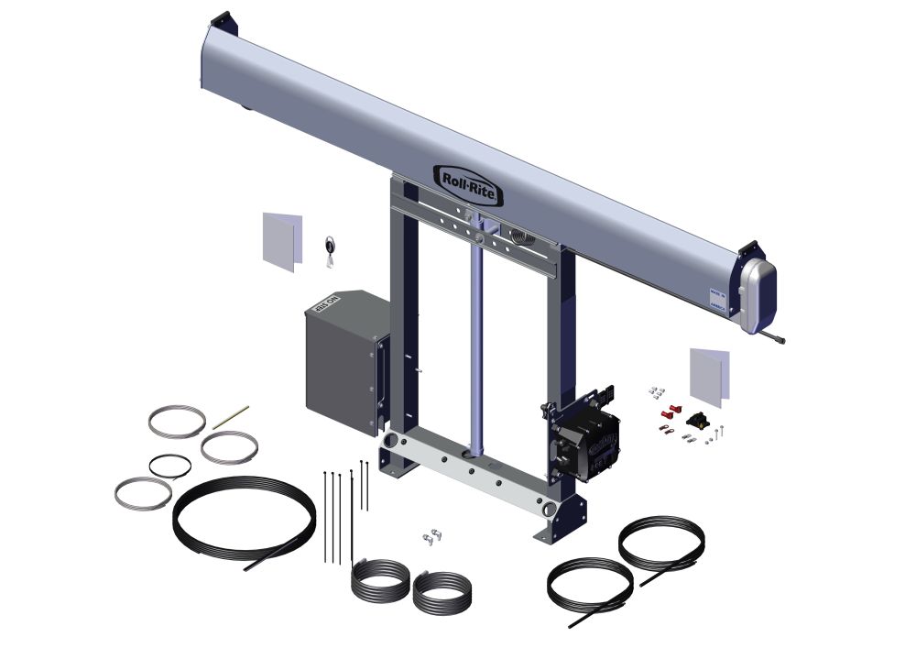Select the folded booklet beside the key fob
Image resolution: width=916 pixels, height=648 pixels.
[281, 240]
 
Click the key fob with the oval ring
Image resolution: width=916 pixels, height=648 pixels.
[329, 247]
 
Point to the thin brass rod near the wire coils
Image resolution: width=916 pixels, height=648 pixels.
[231, 418]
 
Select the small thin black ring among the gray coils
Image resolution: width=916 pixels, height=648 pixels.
[170, 465]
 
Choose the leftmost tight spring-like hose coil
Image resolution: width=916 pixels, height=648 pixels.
[379, 582]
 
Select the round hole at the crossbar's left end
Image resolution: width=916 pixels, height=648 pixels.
[391, 442]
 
